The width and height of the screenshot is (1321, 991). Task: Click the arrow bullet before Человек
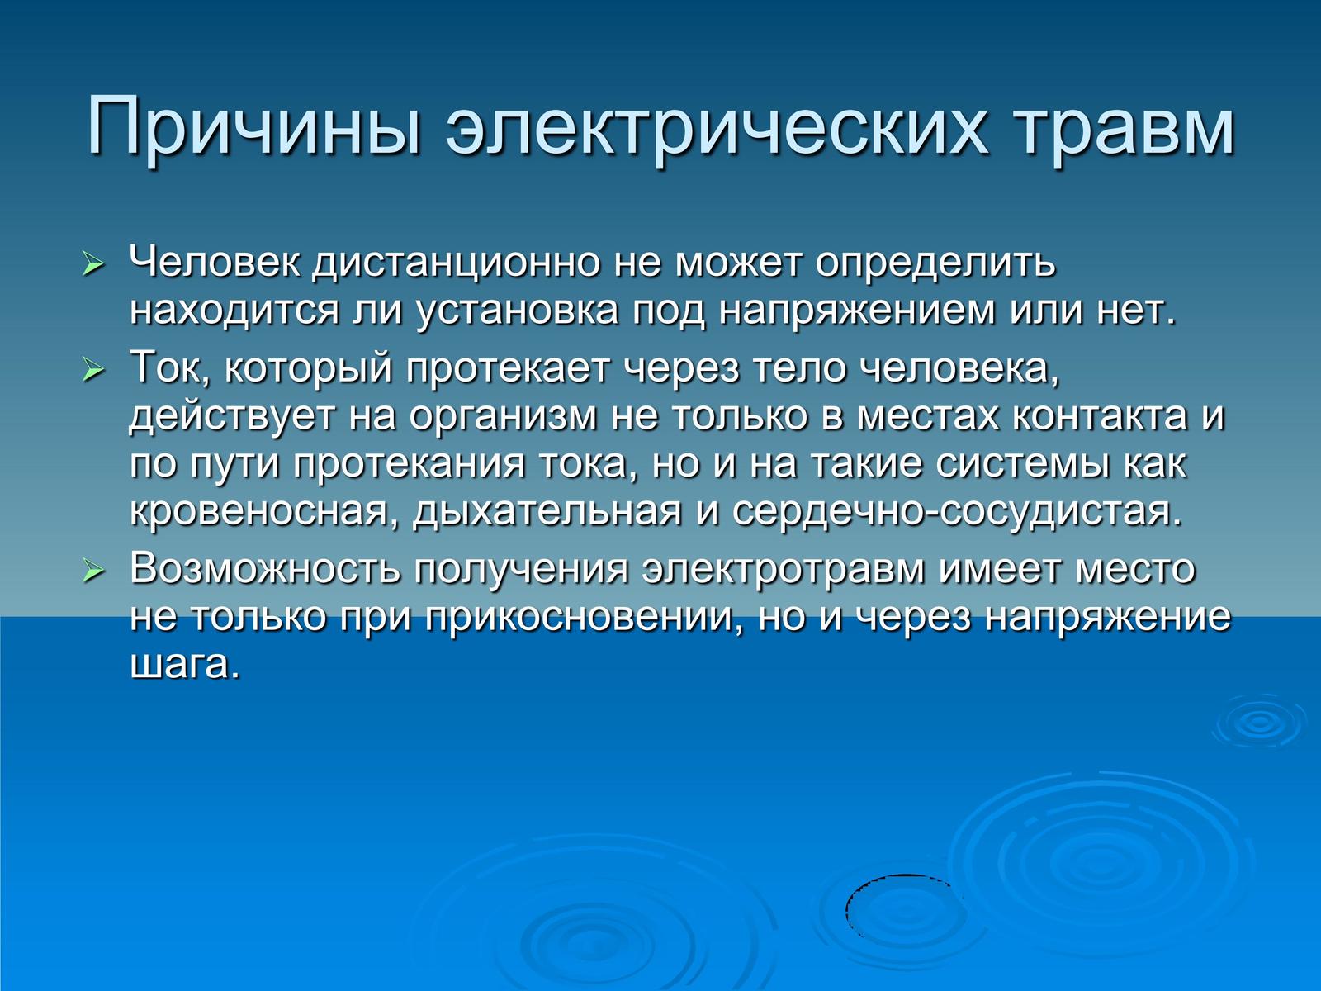93,264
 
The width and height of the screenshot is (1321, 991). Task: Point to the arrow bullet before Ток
93,368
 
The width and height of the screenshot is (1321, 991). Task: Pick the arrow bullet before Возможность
93,570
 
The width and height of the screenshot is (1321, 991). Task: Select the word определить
935,264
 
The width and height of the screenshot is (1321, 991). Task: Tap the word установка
517,311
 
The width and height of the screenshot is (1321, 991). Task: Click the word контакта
1101,415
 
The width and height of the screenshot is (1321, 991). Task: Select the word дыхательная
547,511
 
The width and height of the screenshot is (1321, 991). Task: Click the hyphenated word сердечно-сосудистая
957,511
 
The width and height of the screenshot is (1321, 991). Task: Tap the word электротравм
783,570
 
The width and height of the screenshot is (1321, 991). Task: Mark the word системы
1023,464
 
